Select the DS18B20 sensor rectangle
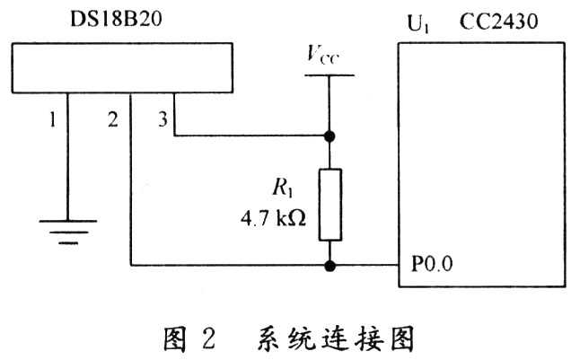(122, 68)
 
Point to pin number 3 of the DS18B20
(162, 118)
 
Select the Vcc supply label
(323, 56)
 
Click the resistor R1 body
(330, 204)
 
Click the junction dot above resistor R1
(330, 136)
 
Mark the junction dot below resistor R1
(330, 266)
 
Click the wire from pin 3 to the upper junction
(251, 136)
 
